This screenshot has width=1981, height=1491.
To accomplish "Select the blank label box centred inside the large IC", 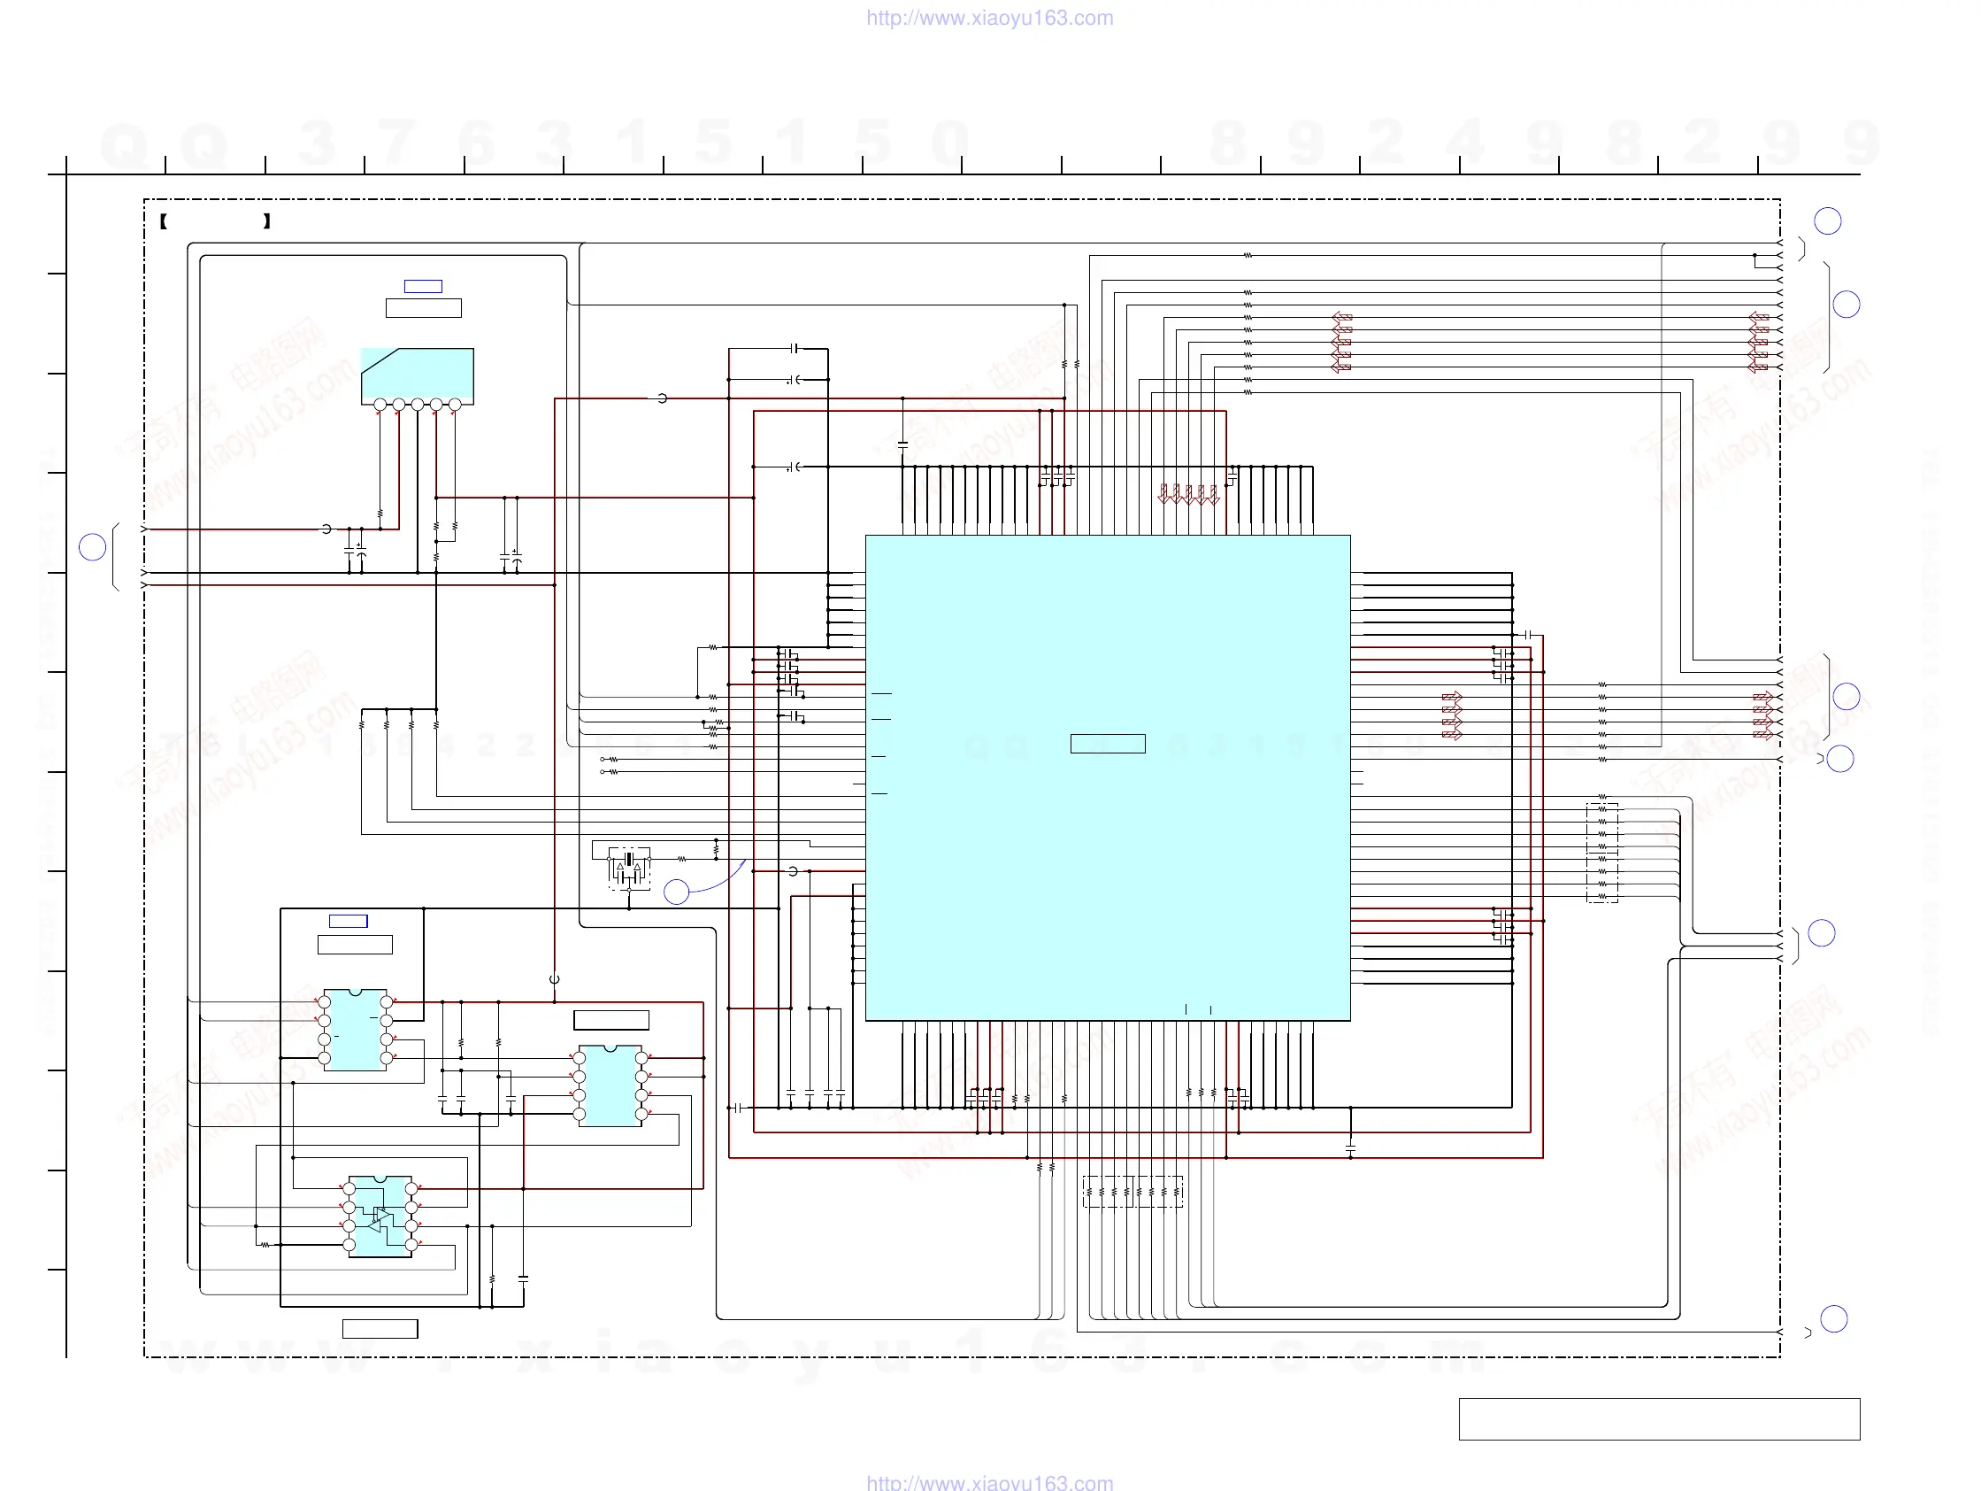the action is [1108, 744].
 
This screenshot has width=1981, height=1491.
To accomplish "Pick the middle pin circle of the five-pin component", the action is [418, 405].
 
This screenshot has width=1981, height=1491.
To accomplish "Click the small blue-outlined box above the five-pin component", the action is [423, 286].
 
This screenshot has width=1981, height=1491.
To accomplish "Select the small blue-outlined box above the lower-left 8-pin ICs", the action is [349, 921].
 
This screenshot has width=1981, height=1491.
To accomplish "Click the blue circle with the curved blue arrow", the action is [676, 891].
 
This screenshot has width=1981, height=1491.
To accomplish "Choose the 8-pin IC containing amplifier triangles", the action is [380, 1217].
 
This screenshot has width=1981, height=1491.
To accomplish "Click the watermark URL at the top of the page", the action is [989, 18].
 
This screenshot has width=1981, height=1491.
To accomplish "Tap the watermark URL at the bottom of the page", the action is [989, 1482].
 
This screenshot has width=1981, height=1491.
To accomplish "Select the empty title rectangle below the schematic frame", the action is [1659, 1419].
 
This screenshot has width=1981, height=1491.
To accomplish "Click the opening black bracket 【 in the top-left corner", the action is [164, 221].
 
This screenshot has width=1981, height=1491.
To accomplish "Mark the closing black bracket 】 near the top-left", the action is [267, 221].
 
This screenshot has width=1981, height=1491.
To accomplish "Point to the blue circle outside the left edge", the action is [92, 546].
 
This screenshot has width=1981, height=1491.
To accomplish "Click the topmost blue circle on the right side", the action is [1827, 220].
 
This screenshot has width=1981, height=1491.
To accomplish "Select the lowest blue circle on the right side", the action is [1834, 1318].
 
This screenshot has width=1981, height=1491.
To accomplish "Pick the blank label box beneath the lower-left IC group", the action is [380, 1329].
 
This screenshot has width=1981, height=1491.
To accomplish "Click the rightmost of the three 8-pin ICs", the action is [610, 1086].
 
